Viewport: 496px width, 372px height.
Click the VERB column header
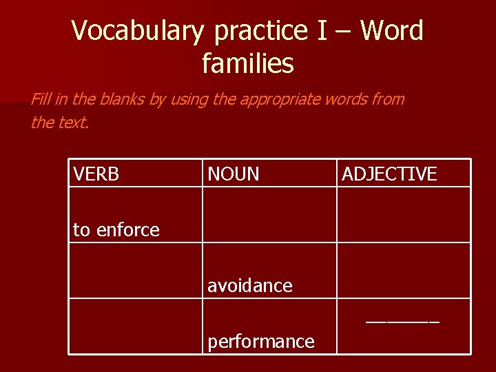point(96,174)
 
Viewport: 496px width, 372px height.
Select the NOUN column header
point(234,174)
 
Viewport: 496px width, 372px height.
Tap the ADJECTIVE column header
point(389,174)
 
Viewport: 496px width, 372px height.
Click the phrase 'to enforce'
point(116,230)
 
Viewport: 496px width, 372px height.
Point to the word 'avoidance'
point(250,285)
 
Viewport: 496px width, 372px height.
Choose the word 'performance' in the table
point(261,341)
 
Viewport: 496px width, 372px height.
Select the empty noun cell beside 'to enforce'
point(269,215)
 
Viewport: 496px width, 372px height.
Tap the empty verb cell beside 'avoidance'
point(135,271)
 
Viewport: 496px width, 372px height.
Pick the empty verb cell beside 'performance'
point(135,326)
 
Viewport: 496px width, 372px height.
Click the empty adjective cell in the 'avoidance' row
point(403,271)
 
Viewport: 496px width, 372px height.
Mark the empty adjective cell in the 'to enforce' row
point(403,215)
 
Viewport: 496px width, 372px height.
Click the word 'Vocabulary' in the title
point(138,31)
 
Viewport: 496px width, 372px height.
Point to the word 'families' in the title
point(248,64)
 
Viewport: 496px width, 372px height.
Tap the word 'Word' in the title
point(391,31)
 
